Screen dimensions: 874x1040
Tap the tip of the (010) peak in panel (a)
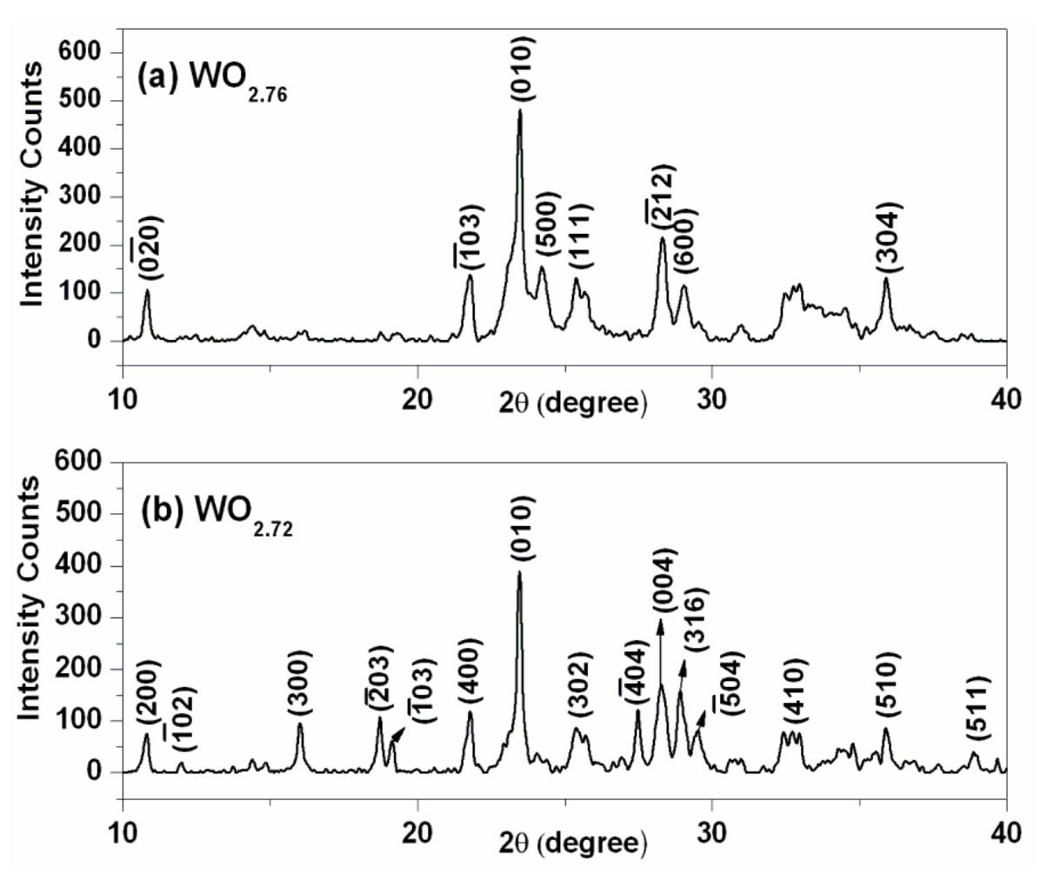520,111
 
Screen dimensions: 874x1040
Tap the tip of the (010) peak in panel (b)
519,572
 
